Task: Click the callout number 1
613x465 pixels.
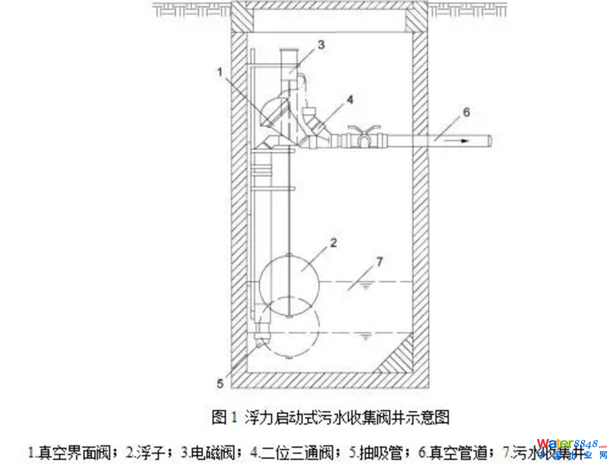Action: [x=220, y=72]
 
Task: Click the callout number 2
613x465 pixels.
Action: [x=334, y=242]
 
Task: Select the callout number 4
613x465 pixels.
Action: [x=350, y=100]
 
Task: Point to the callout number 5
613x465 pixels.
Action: [x=220, y=383]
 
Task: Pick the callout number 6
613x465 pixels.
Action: [x=466, y=112]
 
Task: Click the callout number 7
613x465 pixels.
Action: [x=380, y=261]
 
